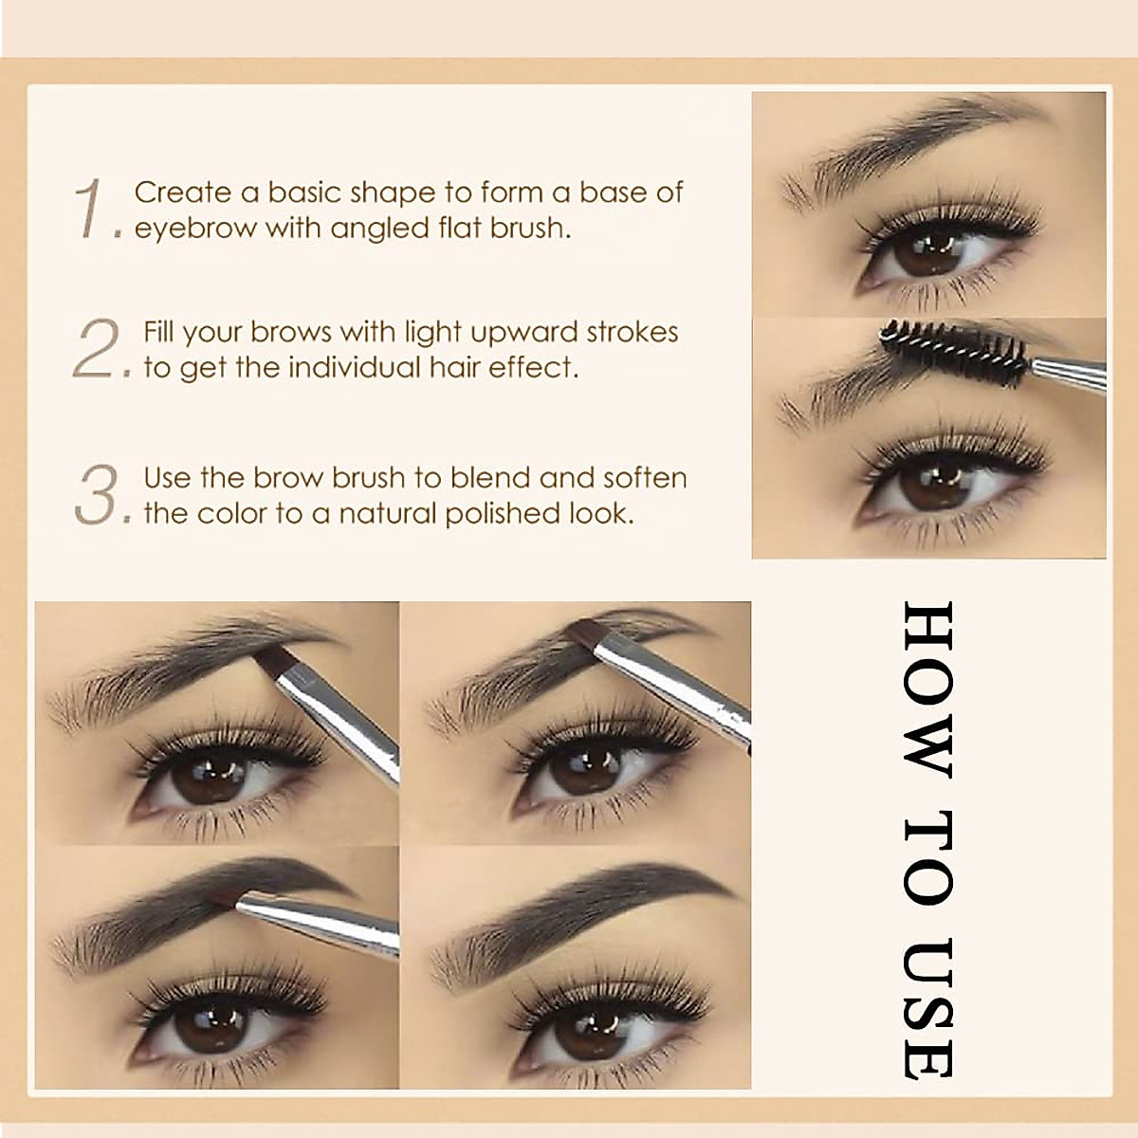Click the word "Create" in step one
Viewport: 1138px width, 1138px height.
[182, 193]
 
